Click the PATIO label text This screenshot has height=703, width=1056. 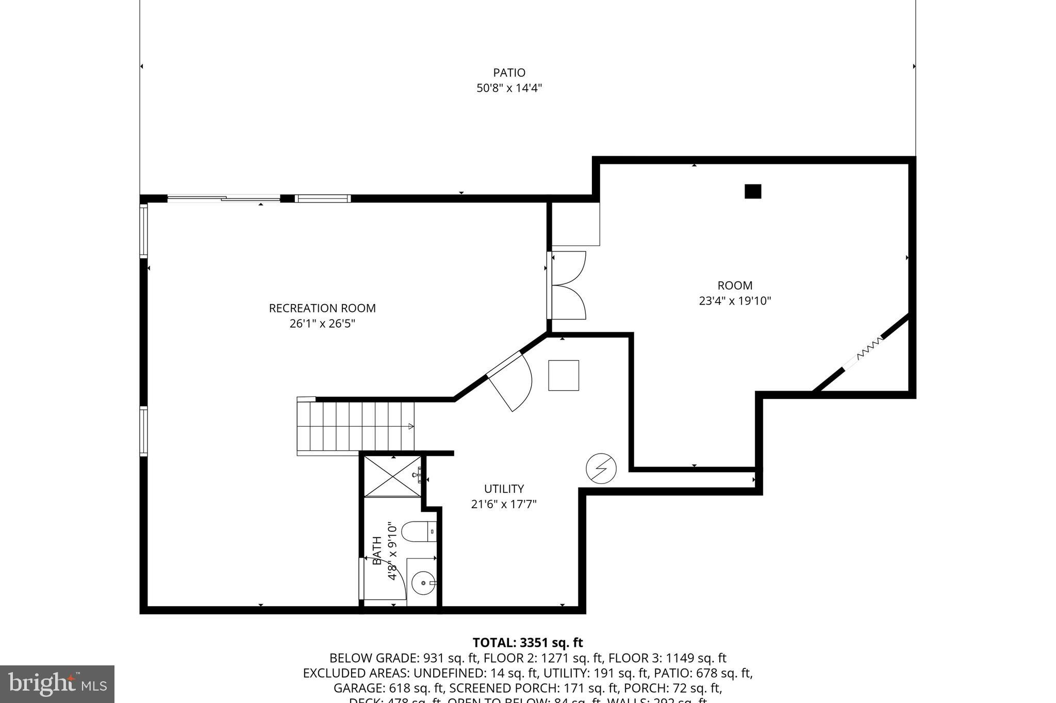pos(509,73)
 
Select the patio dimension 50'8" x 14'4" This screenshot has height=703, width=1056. pos(509,88)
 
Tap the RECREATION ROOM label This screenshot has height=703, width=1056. pos(322,308)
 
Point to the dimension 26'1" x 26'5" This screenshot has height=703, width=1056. pos(322,324)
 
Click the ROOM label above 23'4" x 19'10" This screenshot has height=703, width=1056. pos(735,286)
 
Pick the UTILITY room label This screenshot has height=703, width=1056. pos(504,489)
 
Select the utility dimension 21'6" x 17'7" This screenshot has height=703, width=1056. pos(504,504)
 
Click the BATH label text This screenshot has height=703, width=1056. pos(377,550)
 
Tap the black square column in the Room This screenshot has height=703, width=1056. pos(753,191)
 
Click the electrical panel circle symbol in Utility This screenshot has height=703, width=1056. pos(601,468)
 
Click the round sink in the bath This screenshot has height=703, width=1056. pos(424,583)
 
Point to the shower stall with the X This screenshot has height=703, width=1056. pos(393,476)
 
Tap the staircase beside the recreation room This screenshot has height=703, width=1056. pos(356,426)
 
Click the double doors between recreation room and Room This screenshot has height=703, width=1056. pos(567,285)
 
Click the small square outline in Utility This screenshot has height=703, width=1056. pos(564,375)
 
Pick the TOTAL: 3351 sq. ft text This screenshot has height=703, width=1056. pos(527,643)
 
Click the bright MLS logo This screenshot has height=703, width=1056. pos(57,684)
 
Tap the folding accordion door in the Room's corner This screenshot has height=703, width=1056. pos(870,348)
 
